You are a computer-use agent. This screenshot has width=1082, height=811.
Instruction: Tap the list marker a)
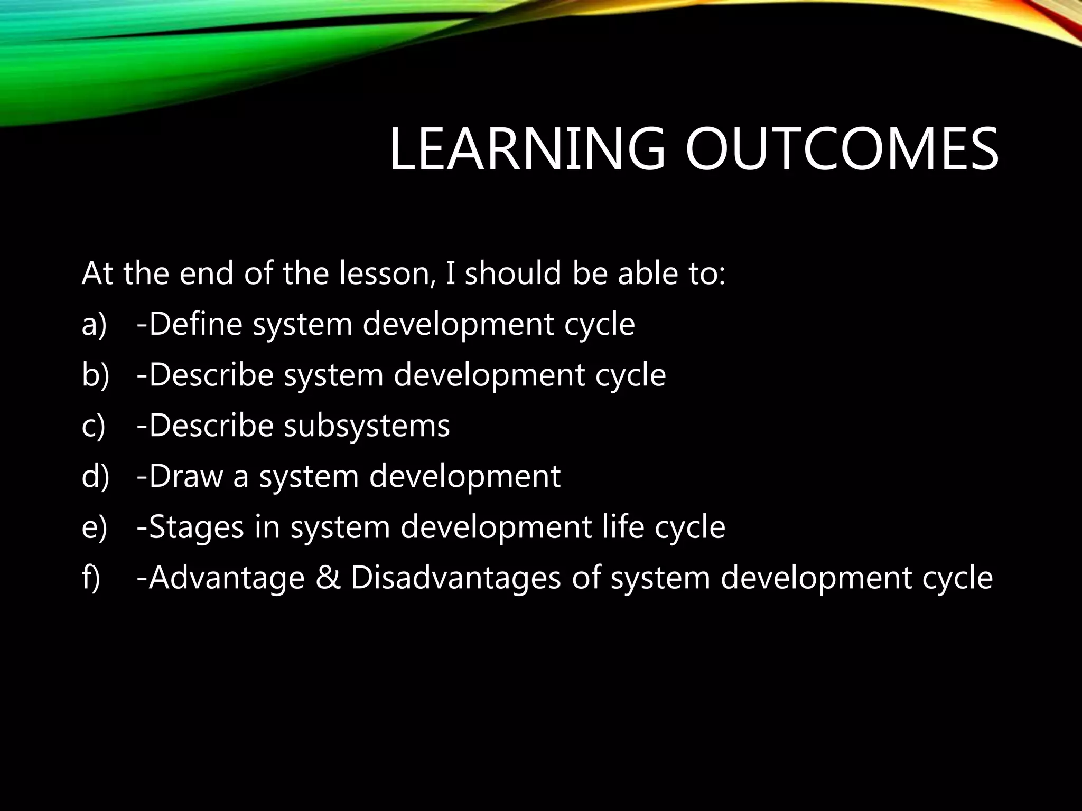94,324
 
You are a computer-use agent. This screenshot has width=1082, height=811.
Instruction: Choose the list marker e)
94,527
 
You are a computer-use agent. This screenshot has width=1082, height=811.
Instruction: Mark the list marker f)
91,578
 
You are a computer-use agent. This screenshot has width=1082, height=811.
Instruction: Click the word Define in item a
195,324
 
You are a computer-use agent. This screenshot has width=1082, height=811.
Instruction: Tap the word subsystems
367,426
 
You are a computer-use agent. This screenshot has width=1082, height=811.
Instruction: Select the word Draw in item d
186,476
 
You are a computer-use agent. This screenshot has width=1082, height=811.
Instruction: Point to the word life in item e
623,527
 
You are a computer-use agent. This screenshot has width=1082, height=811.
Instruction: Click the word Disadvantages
455,578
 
